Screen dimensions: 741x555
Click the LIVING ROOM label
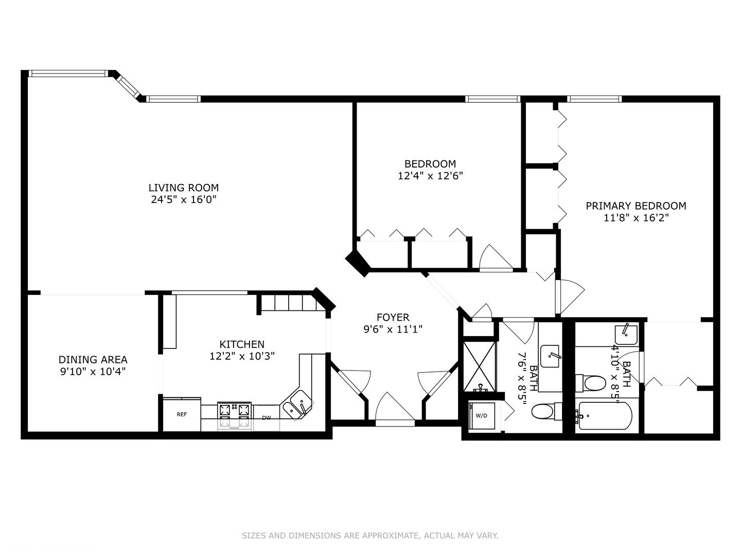coord(183,188)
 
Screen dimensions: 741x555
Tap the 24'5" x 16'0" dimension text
coord(183,199)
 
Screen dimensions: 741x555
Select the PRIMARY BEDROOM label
coord(636,206)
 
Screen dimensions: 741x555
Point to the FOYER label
coord(393,317)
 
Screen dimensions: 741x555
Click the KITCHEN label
coord(242,344)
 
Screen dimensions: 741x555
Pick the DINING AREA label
coord(93,360)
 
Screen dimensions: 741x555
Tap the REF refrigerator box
coord(182,414)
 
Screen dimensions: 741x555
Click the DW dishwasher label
coord(267,418)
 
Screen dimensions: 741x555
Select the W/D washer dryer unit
coord(482,416)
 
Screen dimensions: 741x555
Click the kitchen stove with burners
coord(234,416)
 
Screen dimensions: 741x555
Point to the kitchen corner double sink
coord(297,404)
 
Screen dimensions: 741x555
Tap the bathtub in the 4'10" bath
coord(605,416)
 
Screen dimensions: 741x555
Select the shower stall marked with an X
coord(480,366)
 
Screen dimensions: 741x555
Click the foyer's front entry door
coord(395,409)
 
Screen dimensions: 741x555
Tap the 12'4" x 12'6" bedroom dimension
coord(430,176)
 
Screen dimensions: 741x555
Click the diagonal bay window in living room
coord(128,85)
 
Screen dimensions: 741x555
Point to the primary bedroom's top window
coord(594,99)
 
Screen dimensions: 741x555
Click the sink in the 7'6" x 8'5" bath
coord(550,356)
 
